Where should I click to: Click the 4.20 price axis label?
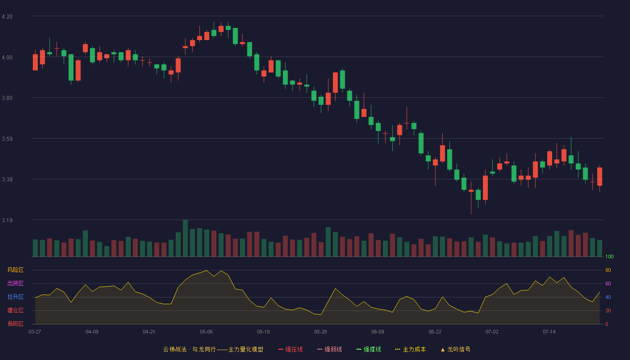tap(7, 17)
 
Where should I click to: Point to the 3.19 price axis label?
tap(7, 220)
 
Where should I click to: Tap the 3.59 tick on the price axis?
tap(7, 139)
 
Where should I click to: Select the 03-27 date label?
tap(35, 332)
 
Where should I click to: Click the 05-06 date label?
tap(206, 332)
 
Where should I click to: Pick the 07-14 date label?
tap(549, 332)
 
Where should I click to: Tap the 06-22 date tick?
tap(435, 332)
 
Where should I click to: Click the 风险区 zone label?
tap(15, 270)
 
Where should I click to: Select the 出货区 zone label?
tap(15, 283)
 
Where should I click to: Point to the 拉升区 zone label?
tap(15, 297)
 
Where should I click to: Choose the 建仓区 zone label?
tap(15, 310)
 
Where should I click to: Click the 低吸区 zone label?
tap(15, 324)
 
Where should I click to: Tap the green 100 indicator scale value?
tap(609, 256)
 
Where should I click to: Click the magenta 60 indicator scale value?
tap(608, 283)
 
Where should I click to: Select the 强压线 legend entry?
tap(290, 349)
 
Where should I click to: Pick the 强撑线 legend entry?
tap(369, 349)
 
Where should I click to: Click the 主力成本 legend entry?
tap(410, 349)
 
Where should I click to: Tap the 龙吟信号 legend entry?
tap(455, 349)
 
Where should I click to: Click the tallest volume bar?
tap(185, 238)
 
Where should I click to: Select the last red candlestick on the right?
tap(599, 176)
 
